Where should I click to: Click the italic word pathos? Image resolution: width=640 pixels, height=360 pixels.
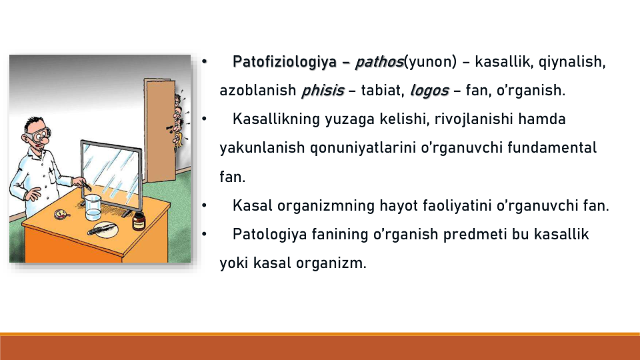pyautogui.click(x=379, y=62)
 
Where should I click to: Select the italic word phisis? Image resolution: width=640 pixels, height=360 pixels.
pyautogui.click(x=323, y=91)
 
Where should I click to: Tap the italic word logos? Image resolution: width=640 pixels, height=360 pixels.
pyautogui.click(x=429, y=91)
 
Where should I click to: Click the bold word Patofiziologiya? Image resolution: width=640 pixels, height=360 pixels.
pyautogui.click(x=285, y=62)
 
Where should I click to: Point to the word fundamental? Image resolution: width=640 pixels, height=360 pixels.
pyautogui.click(x=552, y=147)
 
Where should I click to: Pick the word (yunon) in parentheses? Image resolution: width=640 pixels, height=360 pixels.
pyautogui.click(x=430, y=62)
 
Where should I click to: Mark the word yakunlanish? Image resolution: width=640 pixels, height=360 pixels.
pyautogui.click(x=262, y=148)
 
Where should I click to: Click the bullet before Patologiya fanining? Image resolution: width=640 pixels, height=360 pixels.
pyautogui.click(x=204, y=234)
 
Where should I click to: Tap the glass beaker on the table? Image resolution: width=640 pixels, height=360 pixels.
pyautogui.click(x=93, y=207)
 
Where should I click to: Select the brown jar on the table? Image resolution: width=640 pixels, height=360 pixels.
pyautogui.click(x=139, y=221)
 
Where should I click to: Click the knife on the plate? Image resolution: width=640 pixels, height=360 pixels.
pyautogui.click(x=101, y=230)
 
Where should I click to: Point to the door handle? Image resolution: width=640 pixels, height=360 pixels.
pyautogui.click(x=169, y=129)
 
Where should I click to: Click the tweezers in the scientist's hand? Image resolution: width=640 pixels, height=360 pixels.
pyautogui.click(x=86, y=186)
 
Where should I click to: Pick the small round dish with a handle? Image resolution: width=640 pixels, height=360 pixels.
pyautogui.click(x=61, y=214)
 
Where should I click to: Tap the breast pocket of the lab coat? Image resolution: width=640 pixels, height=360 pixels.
pyautogui.click(x=51, y=176)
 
